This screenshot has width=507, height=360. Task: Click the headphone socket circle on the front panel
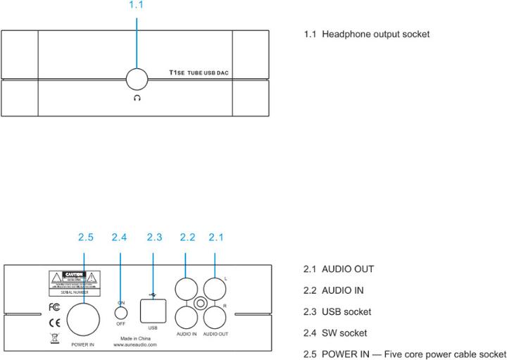tap(137, 80)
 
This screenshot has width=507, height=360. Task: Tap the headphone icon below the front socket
tap(137, 98)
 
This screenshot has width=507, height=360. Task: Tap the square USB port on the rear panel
tap(153, 309)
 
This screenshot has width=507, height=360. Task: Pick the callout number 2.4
tap(120, 238)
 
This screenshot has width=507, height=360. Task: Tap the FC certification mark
tap(54, 307)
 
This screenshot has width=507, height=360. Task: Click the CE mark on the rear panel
tap(54, 323)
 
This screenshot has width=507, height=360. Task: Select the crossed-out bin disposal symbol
tap(54, 338)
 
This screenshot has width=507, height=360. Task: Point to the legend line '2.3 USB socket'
tap(337, 311)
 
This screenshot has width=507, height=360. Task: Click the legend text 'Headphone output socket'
tap(376, 34)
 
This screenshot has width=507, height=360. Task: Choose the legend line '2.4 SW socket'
tap(335, 332)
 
